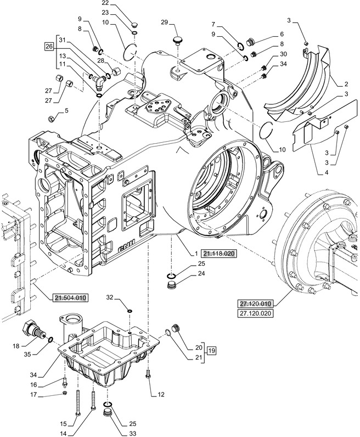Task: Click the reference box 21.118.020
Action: [x=221, y=254]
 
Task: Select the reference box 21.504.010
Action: [x=71, y=298]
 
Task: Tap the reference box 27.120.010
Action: [x=256, y=304]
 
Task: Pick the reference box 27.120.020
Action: [x=256, y=313]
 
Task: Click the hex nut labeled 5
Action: [x=50, y=117]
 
